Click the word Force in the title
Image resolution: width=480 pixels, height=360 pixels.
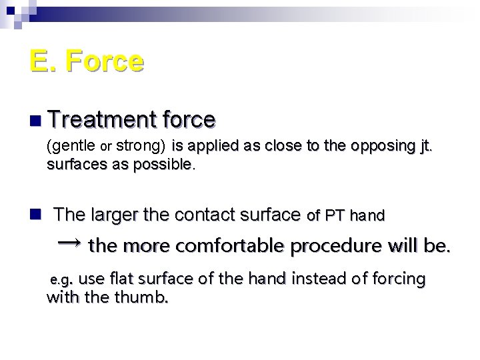[x=105, y=61]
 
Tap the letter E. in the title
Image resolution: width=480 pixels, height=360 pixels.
[x=41, y=61]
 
